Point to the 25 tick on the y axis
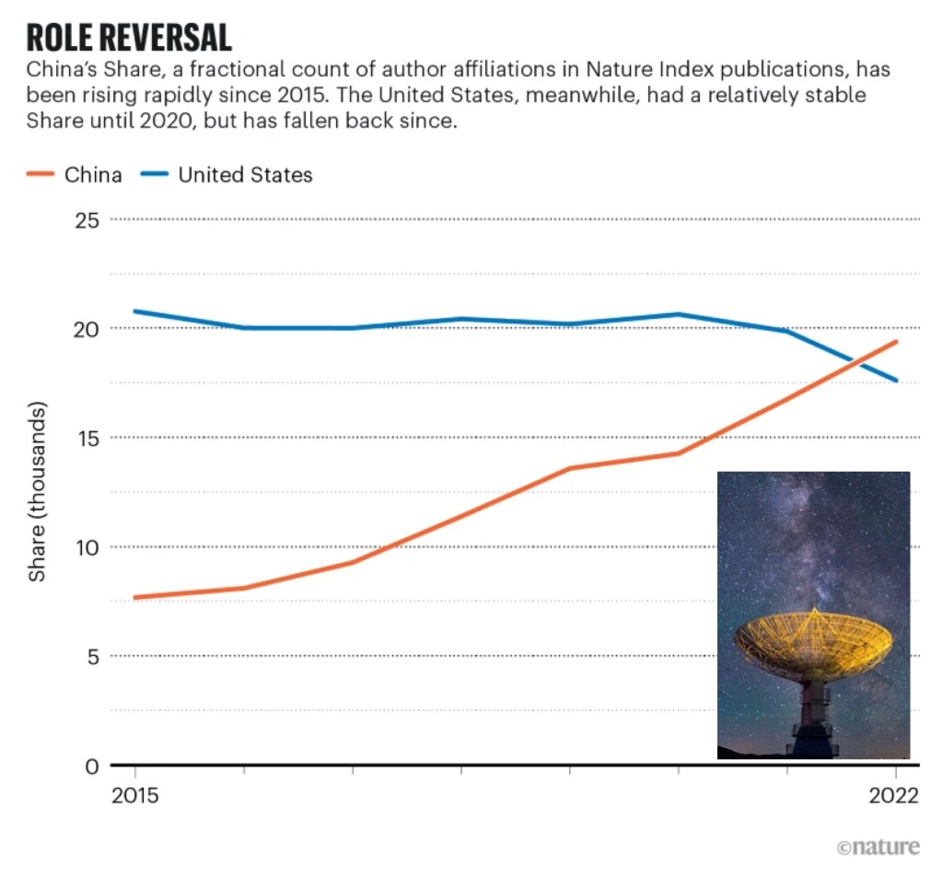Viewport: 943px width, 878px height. [x=88, y=220]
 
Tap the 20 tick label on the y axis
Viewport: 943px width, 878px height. [x=88, y=329]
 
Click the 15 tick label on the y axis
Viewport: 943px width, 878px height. [x=88, y=438]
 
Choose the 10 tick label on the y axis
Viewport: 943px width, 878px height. [x=88, y=547]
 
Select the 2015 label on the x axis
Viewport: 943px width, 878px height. [x=134, y=796]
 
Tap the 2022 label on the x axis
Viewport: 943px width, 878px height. [x=894, y=796]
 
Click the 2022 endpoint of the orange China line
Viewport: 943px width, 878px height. [x=896, y=342]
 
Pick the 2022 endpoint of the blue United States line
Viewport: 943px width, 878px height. [x=896, y=380]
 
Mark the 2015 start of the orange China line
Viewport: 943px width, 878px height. [x=135, y=597]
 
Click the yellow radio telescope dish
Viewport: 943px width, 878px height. [x=813, y=641]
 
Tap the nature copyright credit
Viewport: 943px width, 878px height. [x=878, y=847]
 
